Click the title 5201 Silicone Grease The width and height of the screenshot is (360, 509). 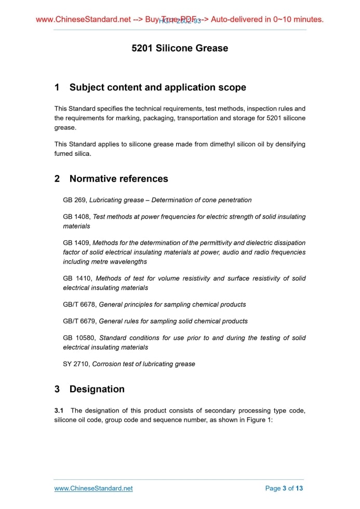click(x=180, y=48)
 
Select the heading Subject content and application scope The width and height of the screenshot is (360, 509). click(x=158, y=87)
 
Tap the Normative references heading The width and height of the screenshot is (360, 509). click(x=118, y=179)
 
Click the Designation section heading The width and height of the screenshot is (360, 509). click(x=97, y=389)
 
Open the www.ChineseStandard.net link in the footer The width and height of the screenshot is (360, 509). click(x=94, y=488)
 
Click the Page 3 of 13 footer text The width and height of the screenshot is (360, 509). click(x=284, y=488)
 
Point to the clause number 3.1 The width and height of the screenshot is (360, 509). click(x=59, y=411)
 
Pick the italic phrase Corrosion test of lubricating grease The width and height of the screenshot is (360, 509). click(x=144, y=364)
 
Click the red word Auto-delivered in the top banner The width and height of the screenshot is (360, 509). click(x=241, y=20)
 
